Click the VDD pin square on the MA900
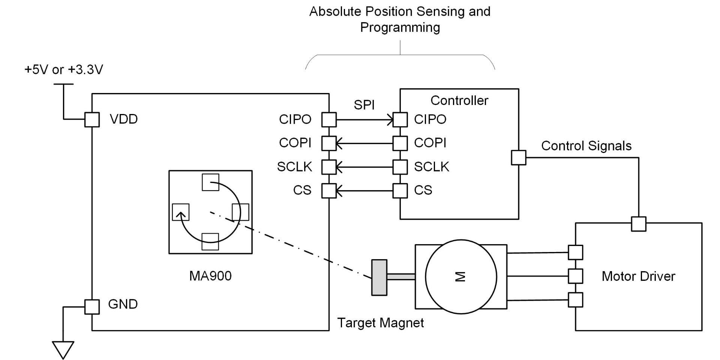[92, 120]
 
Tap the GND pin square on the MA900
[92, 307]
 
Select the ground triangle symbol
[63, 350]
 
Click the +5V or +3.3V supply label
[64, 70]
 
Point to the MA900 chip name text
[210, 276]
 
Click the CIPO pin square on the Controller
[400, 120]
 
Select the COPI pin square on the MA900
[329, 143]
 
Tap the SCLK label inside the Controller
[431, 167]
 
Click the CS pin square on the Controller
[400, 191]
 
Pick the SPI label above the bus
[364, 105]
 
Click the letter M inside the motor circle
[460, 277]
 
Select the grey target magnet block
[379, 277]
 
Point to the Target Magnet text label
[380, 323]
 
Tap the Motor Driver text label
[638, 276]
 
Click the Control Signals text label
[586, 146]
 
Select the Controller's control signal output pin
[519, 157]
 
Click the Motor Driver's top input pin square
[639, 224]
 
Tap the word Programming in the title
[400, 27]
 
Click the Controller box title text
[459, 100]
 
